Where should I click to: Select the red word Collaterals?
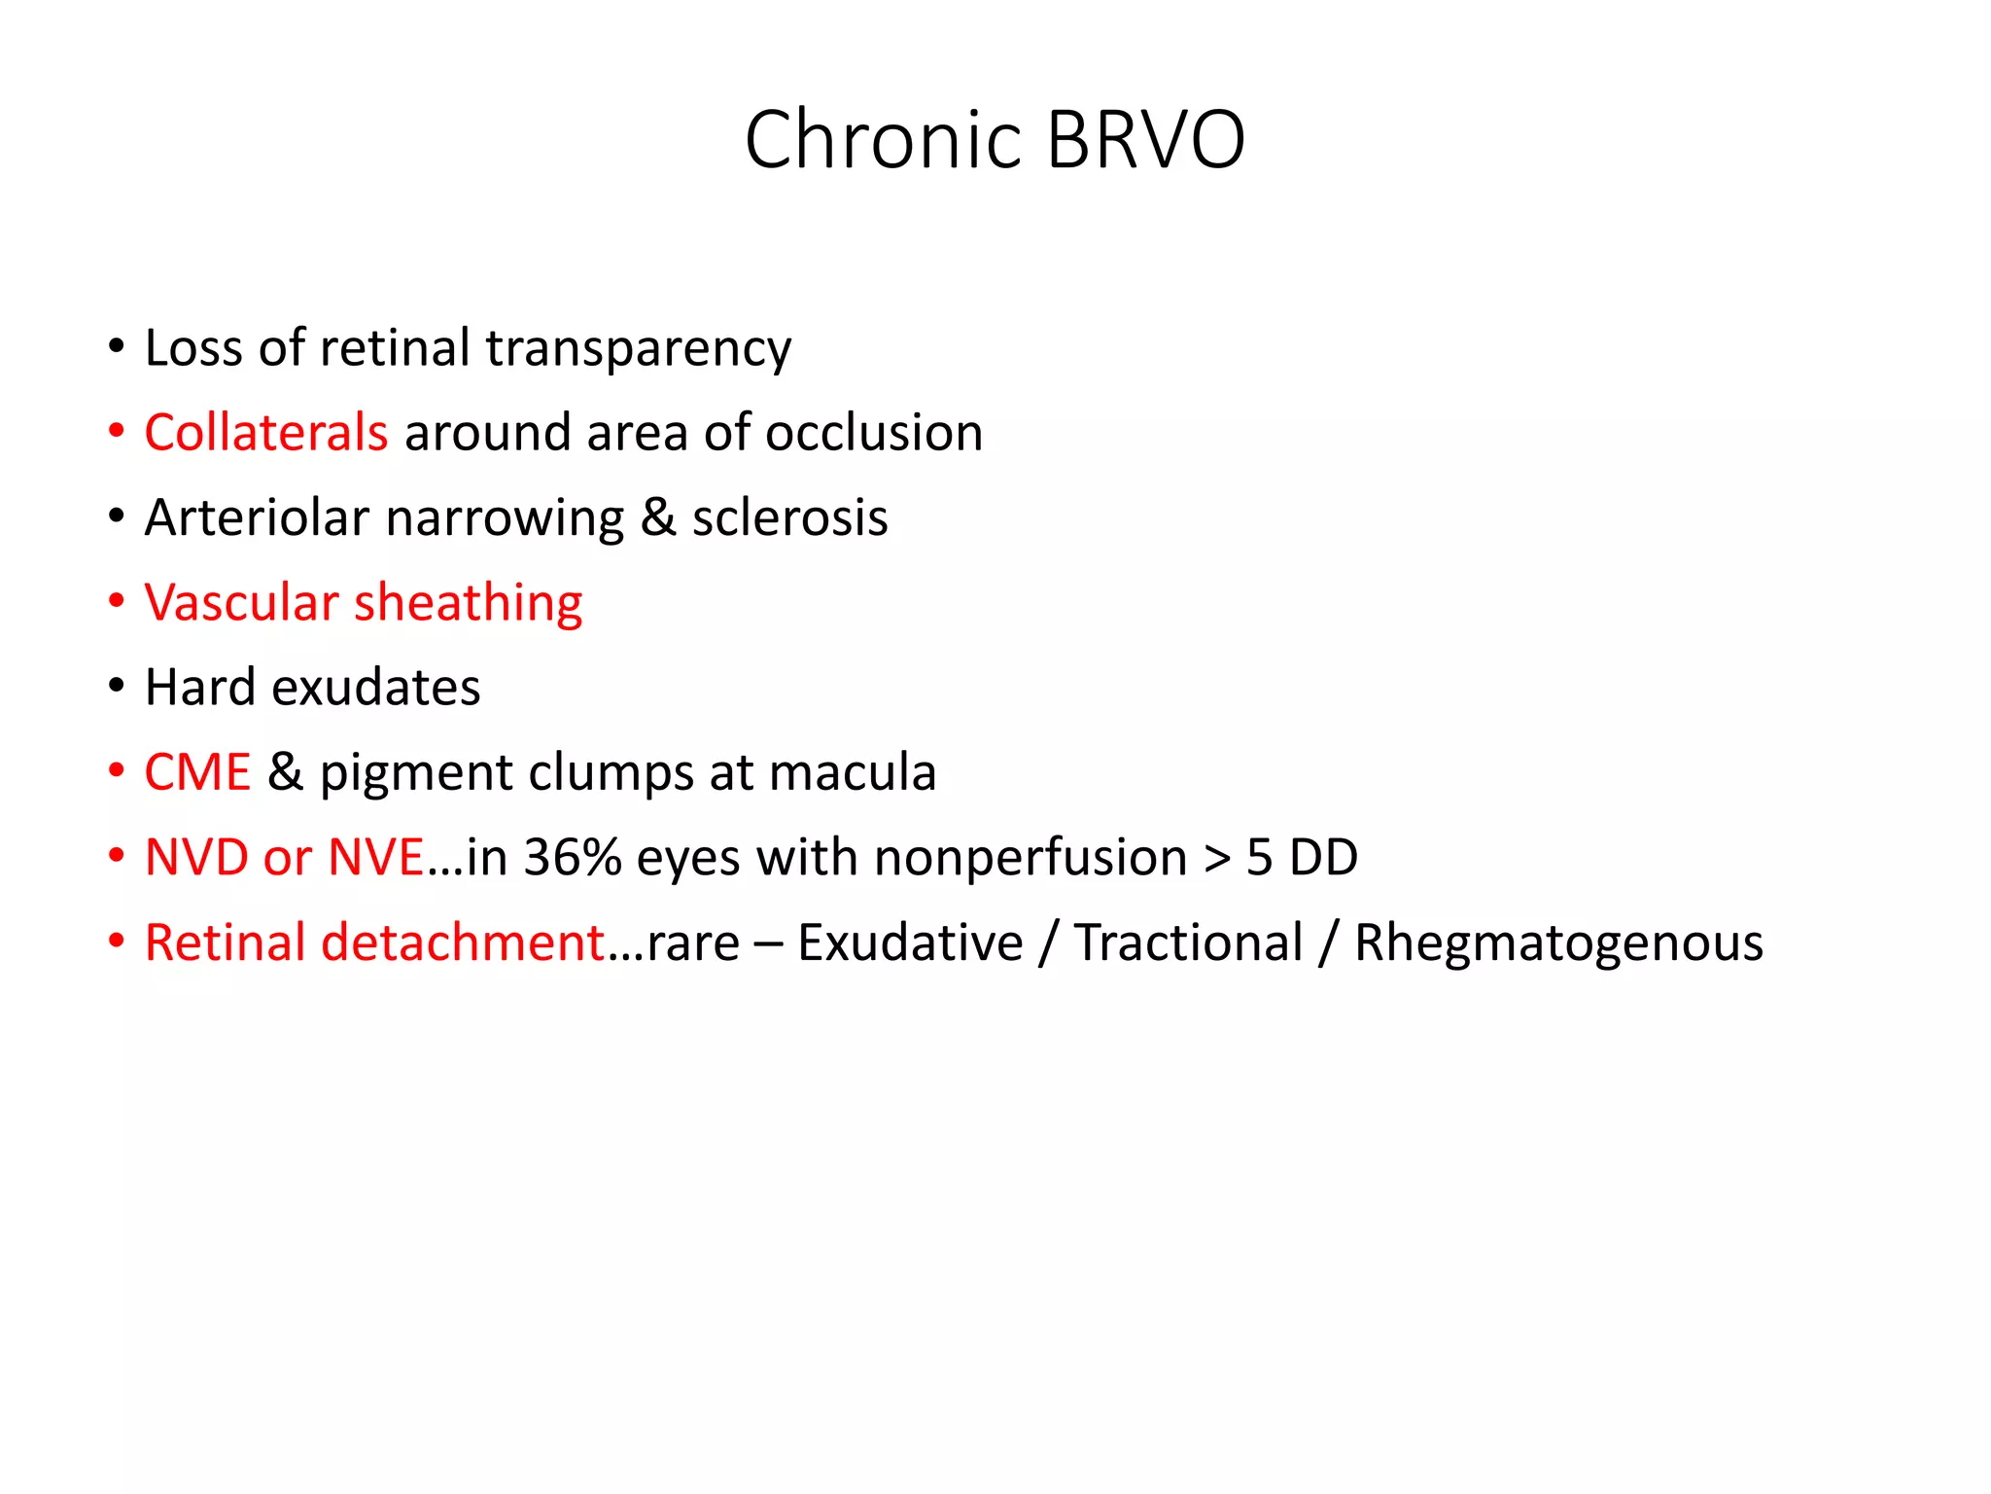265,432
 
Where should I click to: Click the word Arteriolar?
257,516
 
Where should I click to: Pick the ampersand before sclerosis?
658,516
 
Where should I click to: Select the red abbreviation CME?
197,772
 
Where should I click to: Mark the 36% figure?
573,857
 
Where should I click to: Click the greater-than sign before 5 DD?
1217,858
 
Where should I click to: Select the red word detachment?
464,942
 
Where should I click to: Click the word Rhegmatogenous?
1558,943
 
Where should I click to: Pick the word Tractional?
1188,942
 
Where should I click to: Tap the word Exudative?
910,942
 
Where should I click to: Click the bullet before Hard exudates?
117,687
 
